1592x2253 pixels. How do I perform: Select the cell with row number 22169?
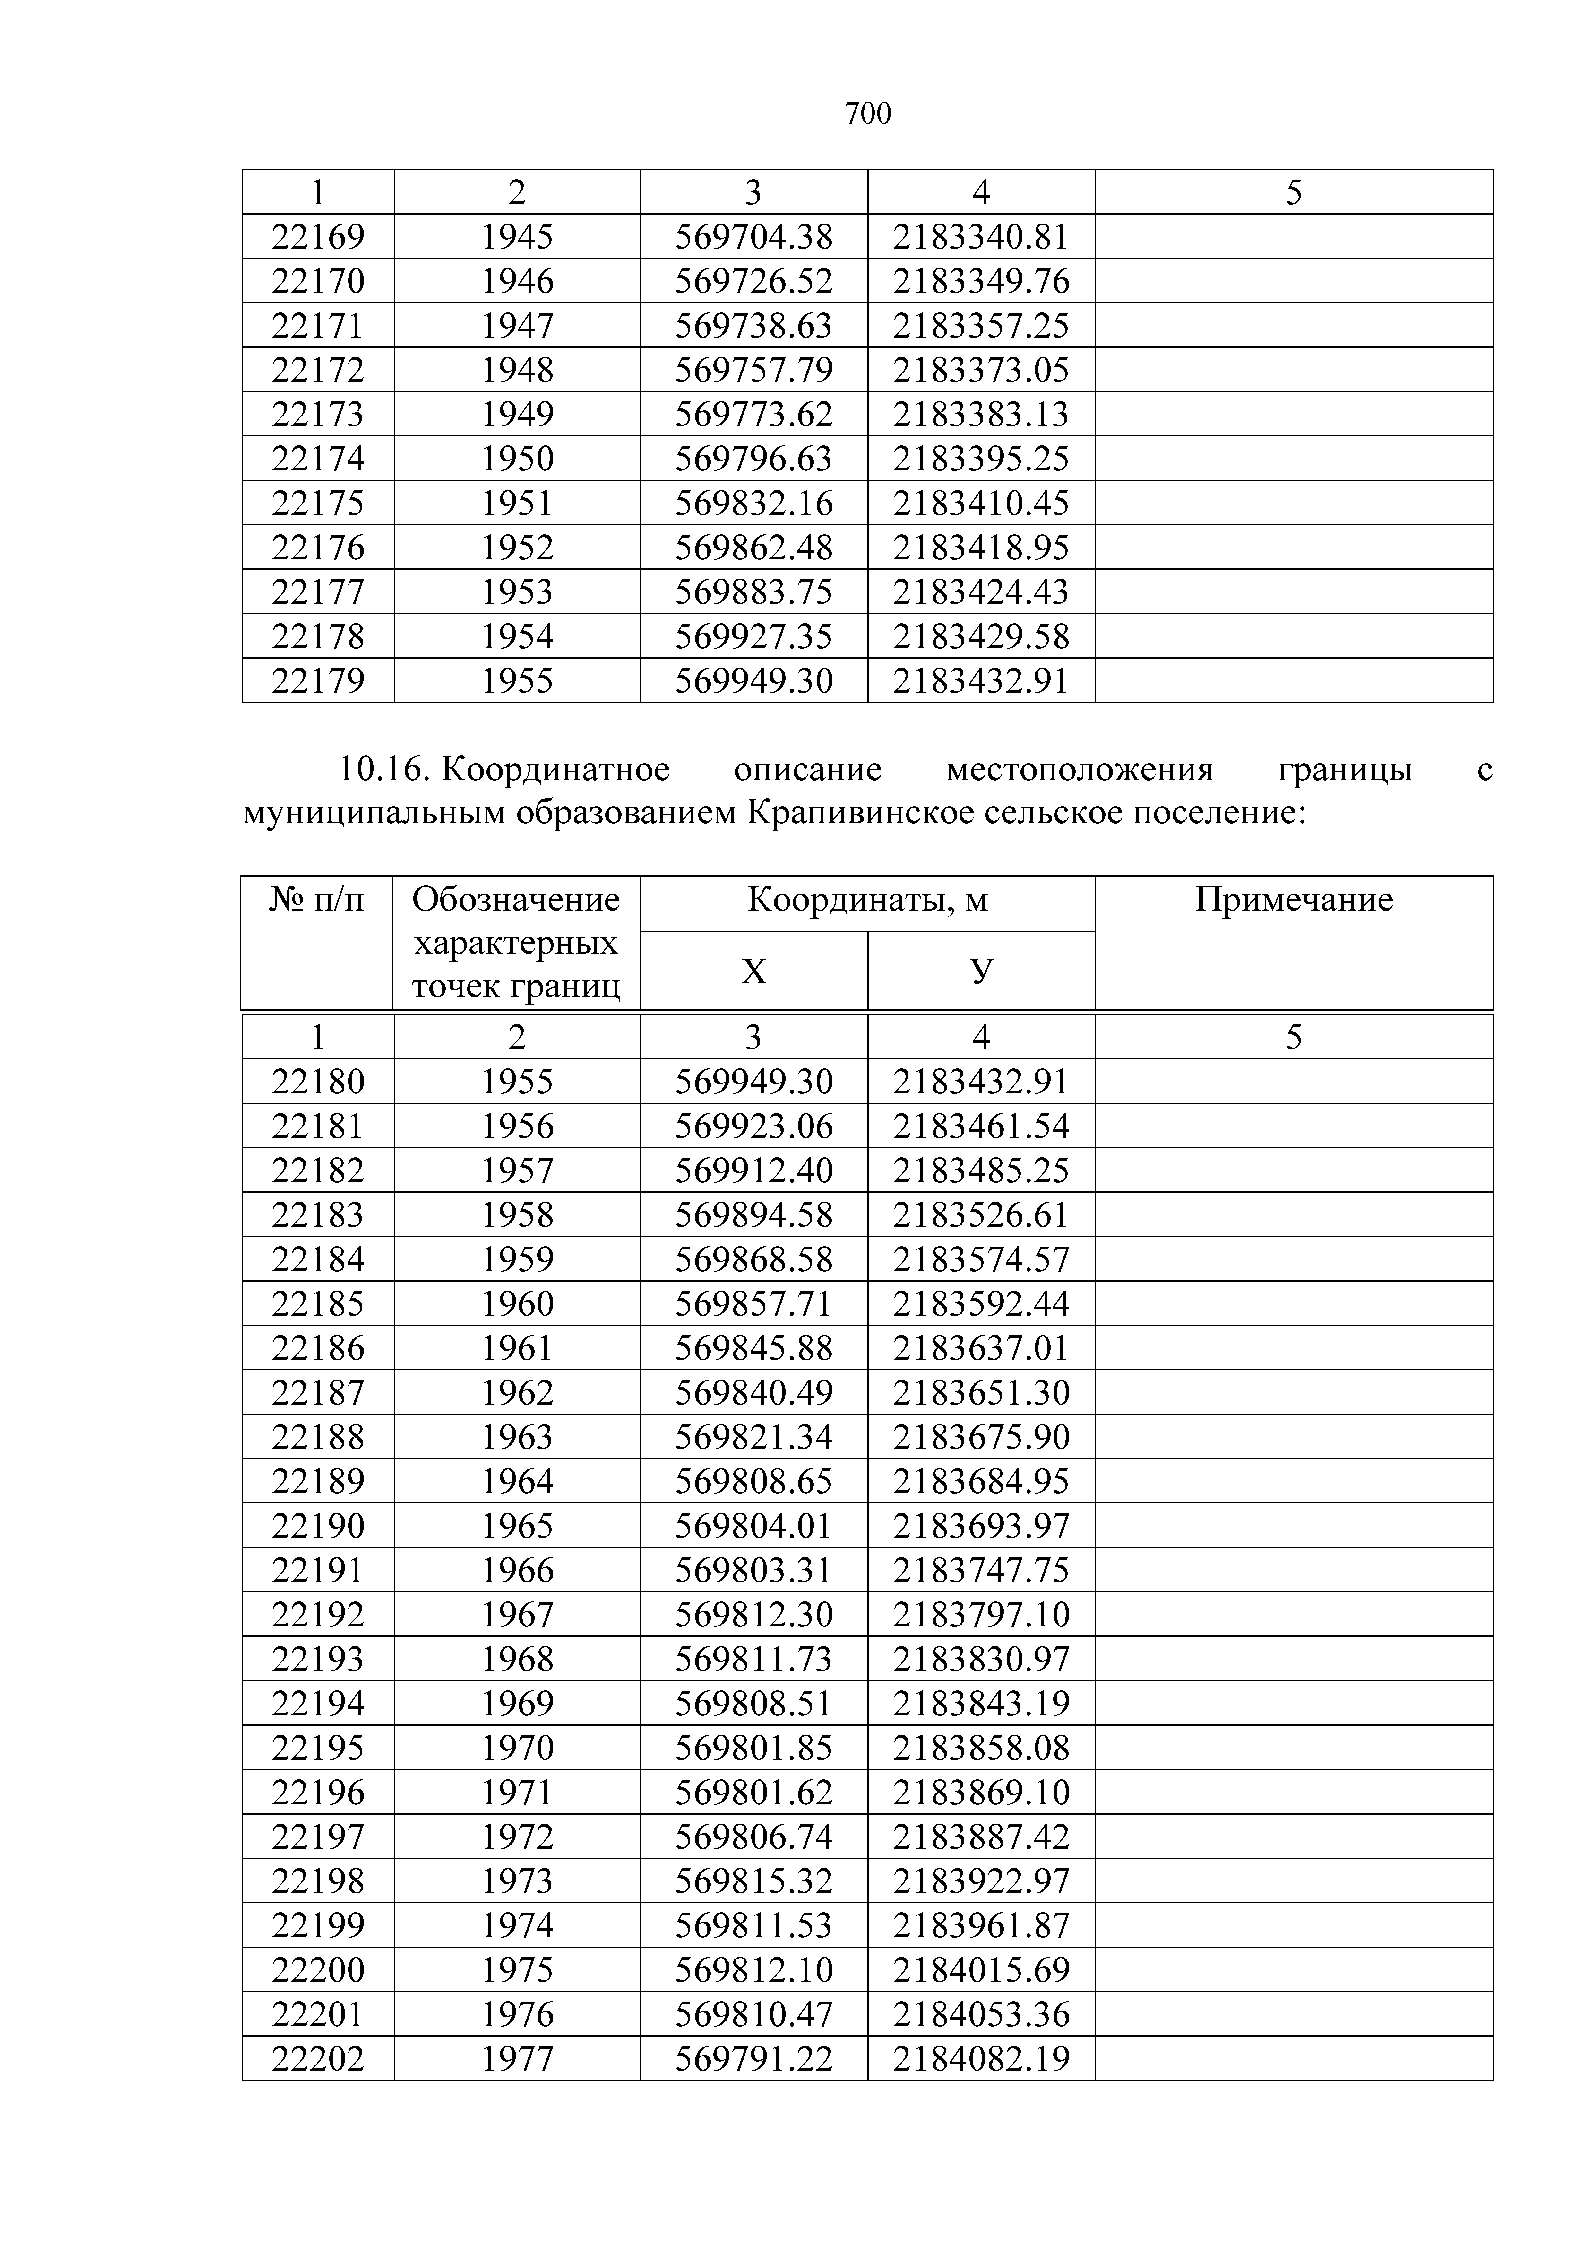(318, 236)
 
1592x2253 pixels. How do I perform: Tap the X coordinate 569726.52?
(753, 282)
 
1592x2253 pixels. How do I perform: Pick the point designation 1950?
(517, 458)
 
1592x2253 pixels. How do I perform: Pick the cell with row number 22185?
(318, 1303)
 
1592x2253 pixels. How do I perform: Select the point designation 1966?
(517, 1570)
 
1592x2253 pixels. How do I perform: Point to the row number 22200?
(318, 1969)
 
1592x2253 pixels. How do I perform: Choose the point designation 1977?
(517, 2058)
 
